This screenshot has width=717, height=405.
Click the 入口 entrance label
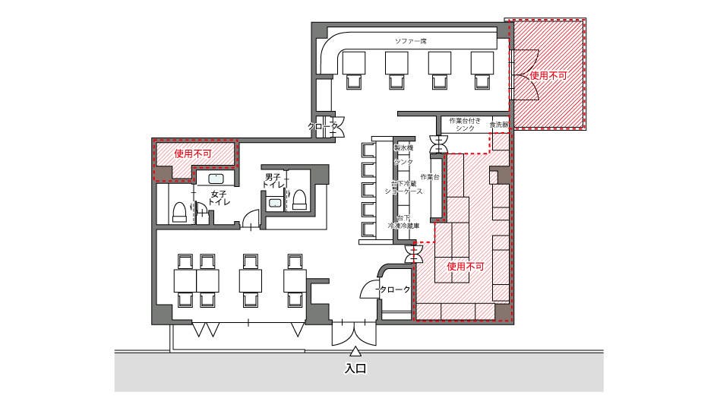coord(355,369)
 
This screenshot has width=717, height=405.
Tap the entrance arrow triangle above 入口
coord(355,352)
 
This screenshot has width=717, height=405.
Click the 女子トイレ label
coord(220,198)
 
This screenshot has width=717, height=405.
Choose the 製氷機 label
coord(403,147)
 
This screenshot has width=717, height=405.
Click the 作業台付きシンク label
coord(465,125)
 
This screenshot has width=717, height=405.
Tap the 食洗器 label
coord(498,124)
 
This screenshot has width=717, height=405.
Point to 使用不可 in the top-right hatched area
coord(548,76)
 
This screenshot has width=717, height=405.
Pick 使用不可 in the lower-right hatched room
coord(466,267)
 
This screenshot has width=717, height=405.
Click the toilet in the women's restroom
coord(179,211)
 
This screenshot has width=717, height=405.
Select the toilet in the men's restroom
coord(299,199)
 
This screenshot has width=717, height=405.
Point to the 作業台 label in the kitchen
coord(430,177)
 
